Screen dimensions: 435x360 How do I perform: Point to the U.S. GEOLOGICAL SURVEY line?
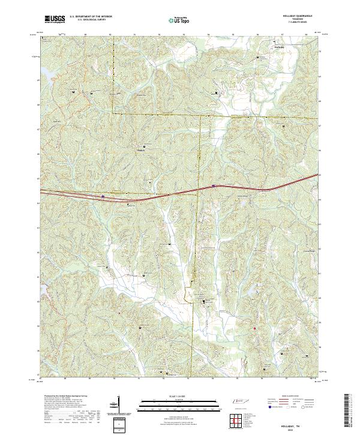[88, 21]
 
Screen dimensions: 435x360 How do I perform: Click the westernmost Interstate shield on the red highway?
[103, 196]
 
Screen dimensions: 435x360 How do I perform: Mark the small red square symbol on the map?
[254, 328]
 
